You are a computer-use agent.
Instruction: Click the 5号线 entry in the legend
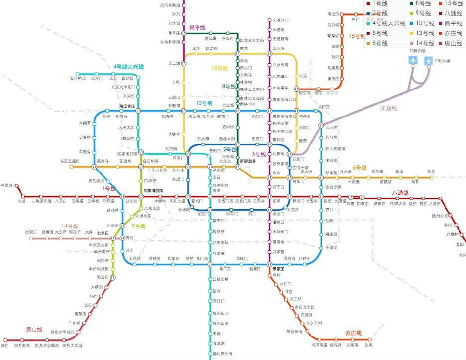click(380, 34)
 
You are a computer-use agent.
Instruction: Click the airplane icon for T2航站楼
click(413, 60)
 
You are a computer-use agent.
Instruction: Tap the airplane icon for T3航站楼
click(429, 60)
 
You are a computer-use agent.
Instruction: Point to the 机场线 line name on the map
click(388, 108)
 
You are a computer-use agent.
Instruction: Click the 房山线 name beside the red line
click(34, 329)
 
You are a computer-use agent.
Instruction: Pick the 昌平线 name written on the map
click(197, 27)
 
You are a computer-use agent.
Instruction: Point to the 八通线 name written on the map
click(400, 193)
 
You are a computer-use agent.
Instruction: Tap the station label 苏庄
click(5, 345)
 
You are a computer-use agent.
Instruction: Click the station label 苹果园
click(6, 184)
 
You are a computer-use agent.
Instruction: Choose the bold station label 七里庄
click(102, 233)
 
